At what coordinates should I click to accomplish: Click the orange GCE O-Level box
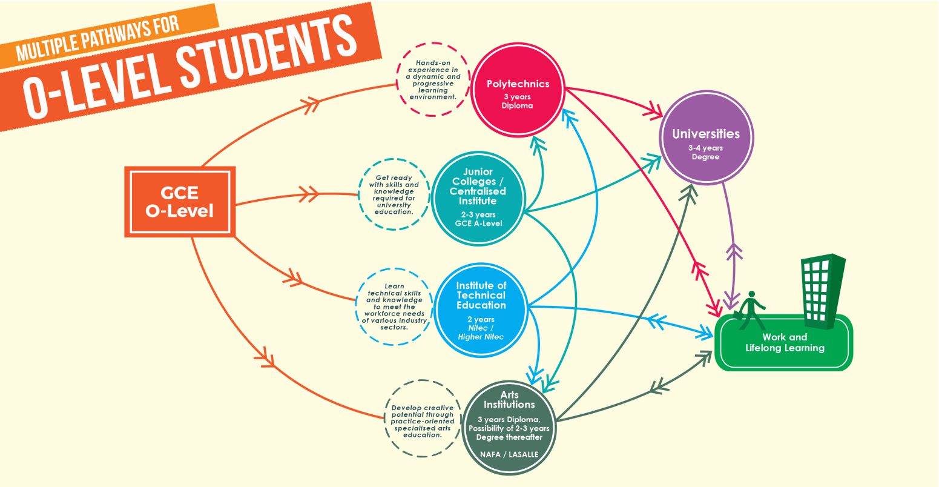point(179,202)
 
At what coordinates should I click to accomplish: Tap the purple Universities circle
point(705,138)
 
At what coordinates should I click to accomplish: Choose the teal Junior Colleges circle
point(478,197)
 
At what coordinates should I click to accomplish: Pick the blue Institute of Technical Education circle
point(481,310)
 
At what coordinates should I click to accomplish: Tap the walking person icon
point(751,310)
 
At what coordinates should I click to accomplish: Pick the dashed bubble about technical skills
point(394,306)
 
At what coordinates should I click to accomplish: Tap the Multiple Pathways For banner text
point(97,40)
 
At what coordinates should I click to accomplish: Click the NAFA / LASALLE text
point(509,453)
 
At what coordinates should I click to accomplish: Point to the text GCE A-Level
point(478,224)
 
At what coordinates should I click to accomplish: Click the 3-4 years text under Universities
point(705,147)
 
